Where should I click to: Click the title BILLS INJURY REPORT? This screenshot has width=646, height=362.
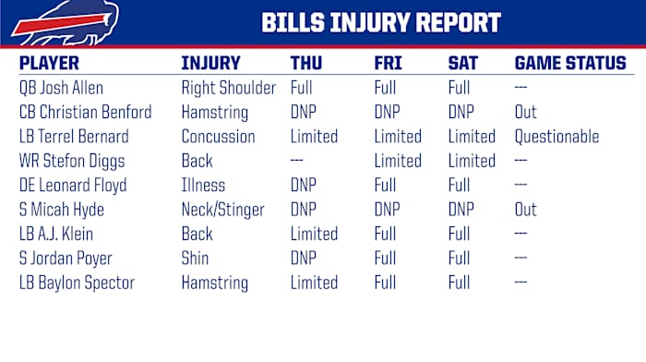[381, 22]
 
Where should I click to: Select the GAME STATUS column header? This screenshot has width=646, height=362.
[569, 64]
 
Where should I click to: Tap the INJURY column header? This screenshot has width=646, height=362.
[210, 64]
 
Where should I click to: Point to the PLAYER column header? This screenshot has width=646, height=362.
[49, 64]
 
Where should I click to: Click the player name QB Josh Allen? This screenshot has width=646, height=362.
[61, 89]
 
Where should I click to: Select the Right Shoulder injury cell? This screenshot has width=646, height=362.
[228, 89]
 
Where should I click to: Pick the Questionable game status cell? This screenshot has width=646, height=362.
[556, 137]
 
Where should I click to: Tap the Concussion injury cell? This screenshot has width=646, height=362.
[218, 137]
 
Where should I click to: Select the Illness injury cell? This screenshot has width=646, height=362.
[203, 186]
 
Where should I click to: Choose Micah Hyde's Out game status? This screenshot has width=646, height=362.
[525, 210]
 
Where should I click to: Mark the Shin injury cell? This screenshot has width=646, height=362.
[195, 258]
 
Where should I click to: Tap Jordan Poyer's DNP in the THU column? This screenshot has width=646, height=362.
[304, 258]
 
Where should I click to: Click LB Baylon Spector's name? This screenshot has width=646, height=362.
[77, 282]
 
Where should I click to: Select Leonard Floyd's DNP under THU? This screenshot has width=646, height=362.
[304, 186]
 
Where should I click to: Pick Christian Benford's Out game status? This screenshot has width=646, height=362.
[525, 113]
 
